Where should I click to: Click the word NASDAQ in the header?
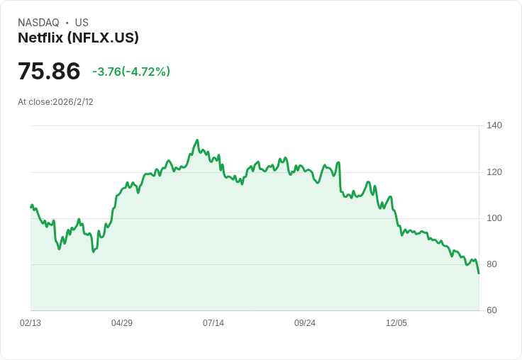tap(38, 23)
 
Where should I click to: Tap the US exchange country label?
tap(82, 23)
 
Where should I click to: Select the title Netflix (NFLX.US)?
tap(78, 38)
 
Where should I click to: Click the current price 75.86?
tap(49, 72)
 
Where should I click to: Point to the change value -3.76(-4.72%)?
tap(131, 72)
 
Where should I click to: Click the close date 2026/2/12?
tap(73, 102)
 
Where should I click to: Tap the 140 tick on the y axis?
tap(494, 125)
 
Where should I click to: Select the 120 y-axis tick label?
tap(494, 172)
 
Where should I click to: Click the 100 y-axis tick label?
tap(494, 218)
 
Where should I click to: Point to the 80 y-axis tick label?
tap(492, 264)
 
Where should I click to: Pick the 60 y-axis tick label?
tap(492, 310)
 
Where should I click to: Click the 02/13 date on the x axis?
tap(30, 323)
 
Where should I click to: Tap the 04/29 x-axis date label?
tap(122, 323)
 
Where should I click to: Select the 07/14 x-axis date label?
tap(213, 323)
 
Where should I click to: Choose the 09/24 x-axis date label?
tap(305, 323)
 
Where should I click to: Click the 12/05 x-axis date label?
tap(396, 323)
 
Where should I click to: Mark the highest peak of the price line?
tap(197, 140)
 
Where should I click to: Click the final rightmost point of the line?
tap(479, 274)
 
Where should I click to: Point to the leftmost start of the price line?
tap(30, 207)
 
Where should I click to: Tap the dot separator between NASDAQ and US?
tap(67, 23)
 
